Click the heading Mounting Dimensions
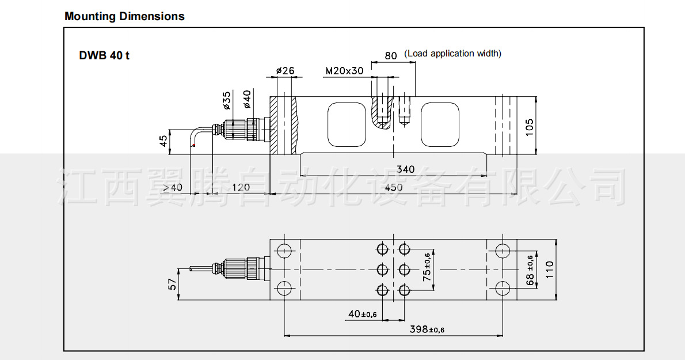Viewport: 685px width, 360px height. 124,17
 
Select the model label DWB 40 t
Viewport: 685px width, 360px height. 104,55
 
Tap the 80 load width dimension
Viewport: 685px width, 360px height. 390,55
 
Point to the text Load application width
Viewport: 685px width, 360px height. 452,54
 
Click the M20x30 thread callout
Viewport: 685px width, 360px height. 344,71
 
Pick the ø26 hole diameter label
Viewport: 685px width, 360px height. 286,70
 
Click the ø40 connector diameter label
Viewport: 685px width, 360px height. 247,99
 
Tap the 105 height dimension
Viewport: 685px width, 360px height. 529,127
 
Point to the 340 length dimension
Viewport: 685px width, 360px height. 405,169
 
